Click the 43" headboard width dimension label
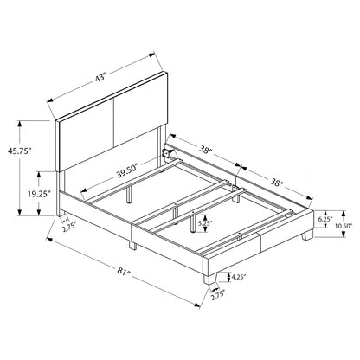100,78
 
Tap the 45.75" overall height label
19,151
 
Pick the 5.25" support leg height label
204,222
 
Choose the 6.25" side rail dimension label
325,219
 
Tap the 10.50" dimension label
344,226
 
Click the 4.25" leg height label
238,277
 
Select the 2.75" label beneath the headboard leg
69,226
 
